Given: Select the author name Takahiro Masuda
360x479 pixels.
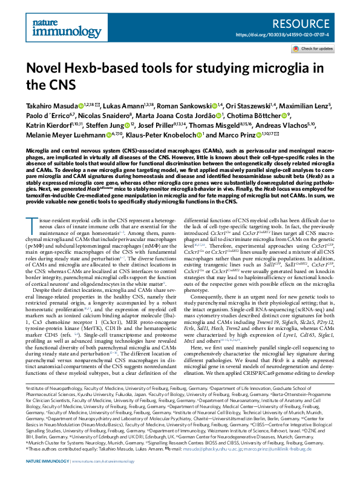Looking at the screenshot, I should [50, 105].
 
